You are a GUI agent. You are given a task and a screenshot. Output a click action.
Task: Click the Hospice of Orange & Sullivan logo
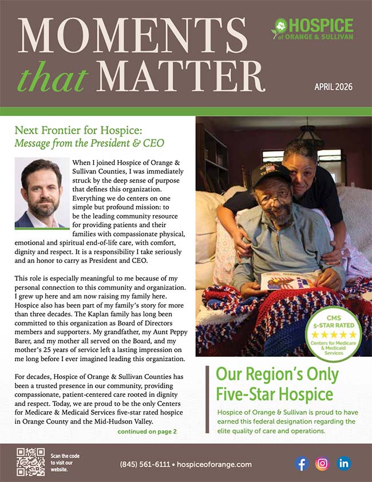[312, 29]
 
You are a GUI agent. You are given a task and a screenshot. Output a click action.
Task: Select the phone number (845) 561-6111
[143, 464]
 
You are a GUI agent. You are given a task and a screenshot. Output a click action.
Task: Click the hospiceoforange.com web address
[219, 464]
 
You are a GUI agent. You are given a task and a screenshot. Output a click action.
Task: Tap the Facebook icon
[302, 463]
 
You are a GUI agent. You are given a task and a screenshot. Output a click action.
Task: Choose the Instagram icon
[322, 463]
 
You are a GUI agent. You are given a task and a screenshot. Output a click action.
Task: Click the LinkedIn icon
[343, 463]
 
